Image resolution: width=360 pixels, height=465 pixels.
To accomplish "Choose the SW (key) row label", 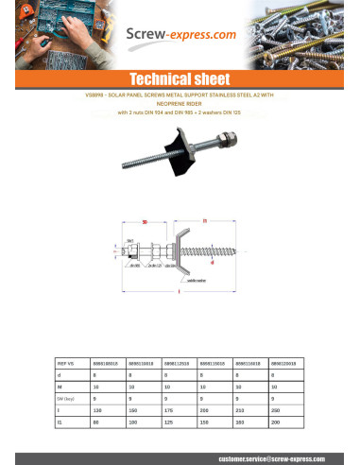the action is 65,399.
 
